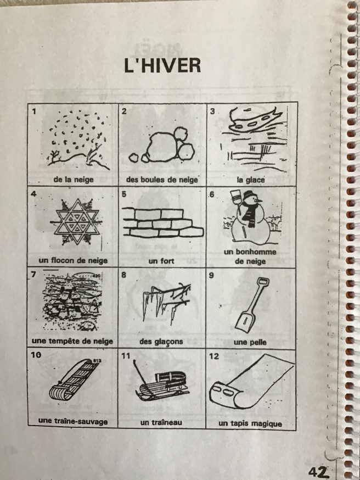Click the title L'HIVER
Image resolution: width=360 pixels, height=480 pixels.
point(162,65)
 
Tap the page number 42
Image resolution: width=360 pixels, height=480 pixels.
point(319,472)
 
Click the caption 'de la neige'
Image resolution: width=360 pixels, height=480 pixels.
point(74,180)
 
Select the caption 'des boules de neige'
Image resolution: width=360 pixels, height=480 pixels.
point(162,180)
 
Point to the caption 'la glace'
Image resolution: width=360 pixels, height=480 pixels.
point(250,180)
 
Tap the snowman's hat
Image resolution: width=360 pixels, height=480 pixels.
point(250,194)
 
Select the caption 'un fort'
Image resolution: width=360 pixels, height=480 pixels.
point(161,261)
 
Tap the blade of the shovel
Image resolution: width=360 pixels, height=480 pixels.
point(245,321)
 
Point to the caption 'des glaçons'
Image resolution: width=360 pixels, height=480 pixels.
point(161,341)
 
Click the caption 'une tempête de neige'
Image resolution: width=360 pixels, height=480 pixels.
point(72,341)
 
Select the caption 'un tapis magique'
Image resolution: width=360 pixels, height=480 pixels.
point(250,423)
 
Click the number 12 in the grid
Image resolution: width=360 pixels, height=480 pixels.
point(214,356)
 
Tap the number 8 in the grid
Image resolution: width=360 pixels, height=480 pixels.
point(123,275)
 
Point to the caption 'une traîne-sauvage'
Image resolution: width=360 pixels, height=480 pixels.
point(73,421)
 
